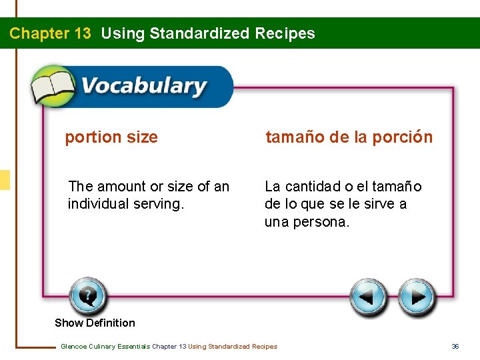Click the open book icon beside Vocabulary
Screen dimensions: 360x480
click(52, 86)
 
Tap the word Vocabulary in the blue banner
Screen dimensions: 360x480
click(144, 87)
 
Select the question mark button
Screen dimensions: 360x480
click(87, 296)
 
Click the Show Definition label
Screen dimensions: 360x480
click(95, 323)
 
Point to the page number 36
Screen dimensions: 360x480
click(455, 346)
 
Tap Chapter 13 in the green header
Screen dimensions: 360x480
click(50, 33)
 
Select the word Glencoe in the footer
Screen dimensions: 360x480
click(74, 346)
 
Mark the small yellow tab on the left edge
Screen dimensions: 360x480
click(5, 180)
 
